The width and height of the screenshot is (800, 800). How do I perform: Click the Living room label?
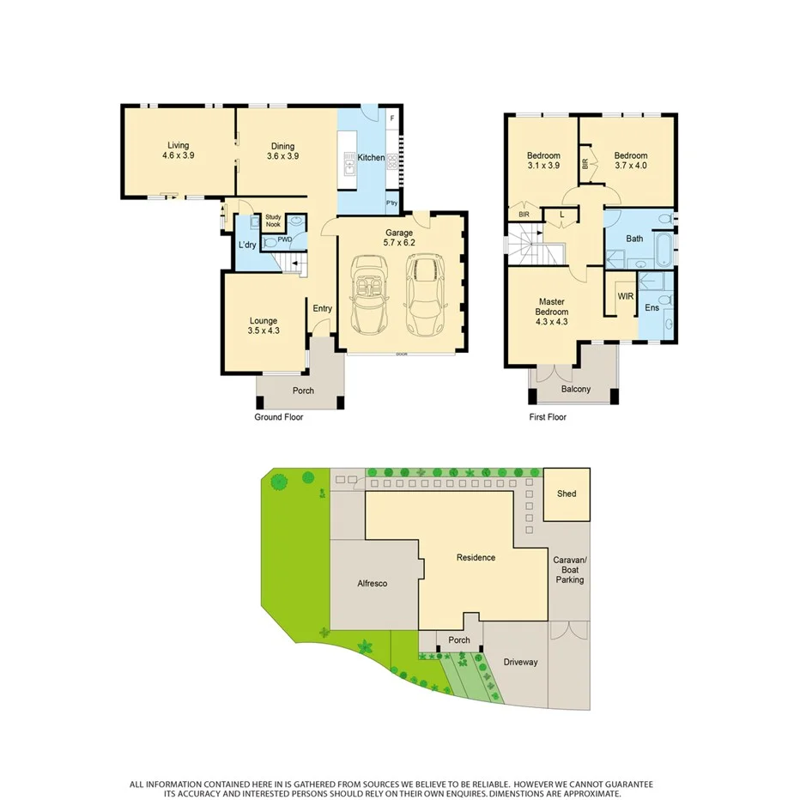(x=178, y=151)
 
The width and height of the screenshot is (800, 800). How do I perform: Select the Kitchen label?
(x=371, y=157)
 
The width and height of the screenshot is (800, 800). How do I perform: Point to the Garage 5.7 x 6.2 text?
(x=398, y=238)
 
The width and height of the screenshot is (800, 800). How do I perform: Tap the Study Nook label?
(x=273, y=221)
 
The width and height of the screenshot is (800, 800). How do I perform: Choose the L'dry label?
(x=247, y=246)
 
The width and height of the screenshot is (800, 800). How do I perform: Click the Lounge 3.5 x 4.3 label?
(x=263, y=325)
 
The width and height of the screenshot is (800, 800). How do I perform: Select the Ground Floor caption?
(x=278, y=417)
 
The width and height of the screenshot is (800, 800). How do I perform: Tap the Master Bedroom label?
(x=550, y=312)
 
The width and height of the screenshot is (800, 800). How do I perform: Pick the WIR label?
(x=626, y=296)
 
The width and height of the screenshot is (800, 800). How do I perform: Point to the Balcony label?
(x=575, y=389)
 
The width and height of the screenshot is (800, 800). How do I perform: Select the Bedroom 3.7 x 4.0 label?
(x=631, y=161)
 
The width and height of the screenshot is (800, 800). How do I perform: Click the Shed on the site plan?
(x=567, y=494)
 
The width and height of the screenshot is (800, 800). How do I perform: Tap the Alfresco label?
(x=372, y=584)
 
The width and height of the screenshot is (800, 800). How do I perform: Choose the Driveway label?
(x=520, y=662)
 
